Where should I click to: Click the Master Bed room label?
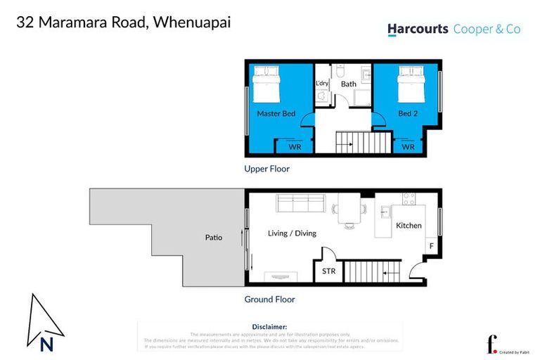[276, 114]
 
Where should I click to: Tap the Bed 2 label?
[408, 114]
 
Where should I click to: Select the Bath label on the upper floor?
[349, 84]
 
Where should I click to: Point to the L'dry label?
[323, 84]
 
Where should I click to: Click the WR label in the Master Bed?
[295, 148]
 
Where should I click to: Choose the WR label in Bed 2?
[408, 148]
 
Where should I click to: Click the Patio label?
[213, 238]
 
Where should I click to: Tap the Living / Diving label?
[292, 233]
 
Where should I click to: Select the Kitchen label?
[409, 226]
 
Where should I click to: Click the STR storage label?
[328, 271]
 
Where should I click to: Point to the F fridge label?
[430, 246]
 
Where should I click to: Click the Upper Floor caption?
[266, 169]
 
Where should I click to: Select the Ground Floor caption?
[269, 300]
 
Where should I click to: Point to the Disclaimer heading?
[269, 327]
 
